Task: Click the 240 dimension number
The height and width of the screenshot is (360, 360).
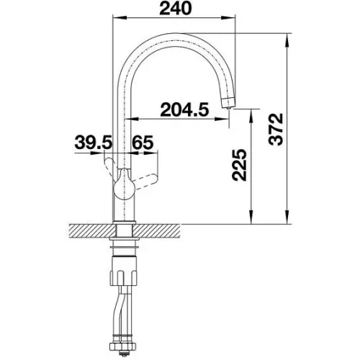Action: pos(176,9)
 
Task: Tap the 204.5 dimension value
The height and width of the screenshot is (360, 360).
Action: pos(184,109)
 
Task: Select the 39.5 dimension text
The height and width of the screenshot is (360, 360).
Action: pos(94,143)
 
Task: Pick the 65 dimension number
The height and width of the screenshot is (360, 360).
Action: pos(143,143)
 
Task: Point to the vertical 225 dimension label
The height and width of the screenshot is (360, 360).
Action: pos(239,165)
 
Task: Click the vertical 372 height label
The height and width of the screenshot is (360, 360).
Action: pos(276,130)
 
